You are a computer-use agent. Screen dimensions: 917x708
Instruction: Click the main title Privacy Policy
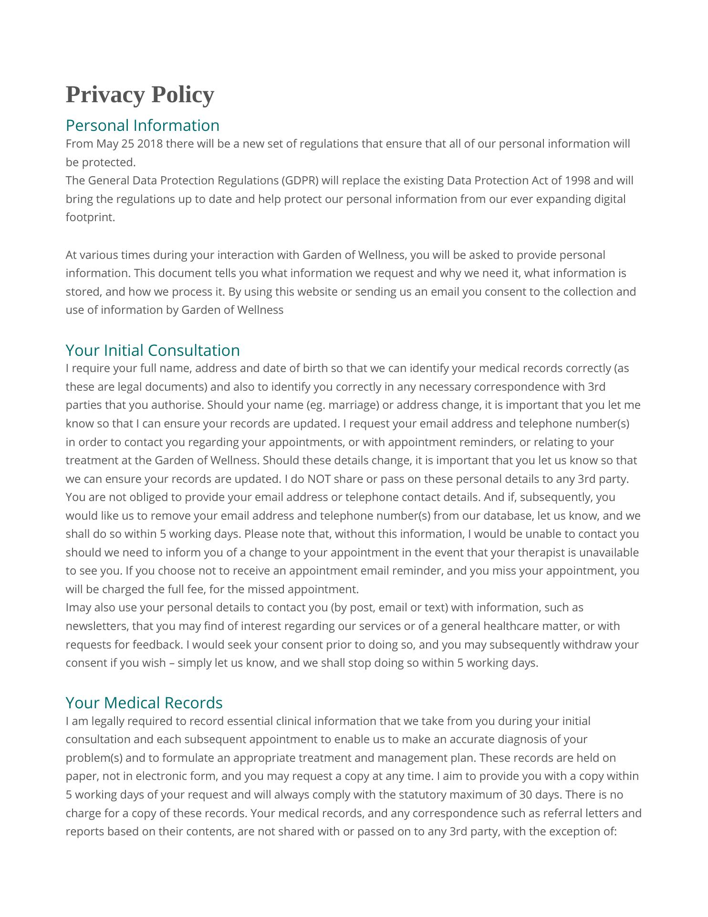[x=140, y=95]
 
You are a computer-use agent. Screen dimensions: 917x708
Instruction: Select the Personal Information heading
[x=142, y=126]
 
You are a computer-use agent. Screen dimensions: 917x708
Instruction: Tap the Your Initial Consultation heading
[x=153, y=351]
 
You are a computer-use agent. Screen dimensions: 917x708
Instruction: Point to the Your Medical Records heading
[x=144, y=703]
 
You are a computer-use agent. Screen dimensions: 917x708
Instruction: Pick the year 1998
[x=577, y=181]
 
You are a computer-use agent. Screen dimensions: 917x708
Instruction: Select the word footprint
[x=90, y=218]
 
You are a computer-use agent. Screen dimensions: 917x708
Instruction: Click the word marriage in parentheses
[x=354, y=405]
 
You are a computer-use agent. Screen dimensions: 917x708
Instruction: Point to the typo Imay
[x=78, y=608]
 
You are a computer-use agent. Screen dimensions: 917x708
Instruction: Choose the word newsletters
[x=97, y=626]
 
